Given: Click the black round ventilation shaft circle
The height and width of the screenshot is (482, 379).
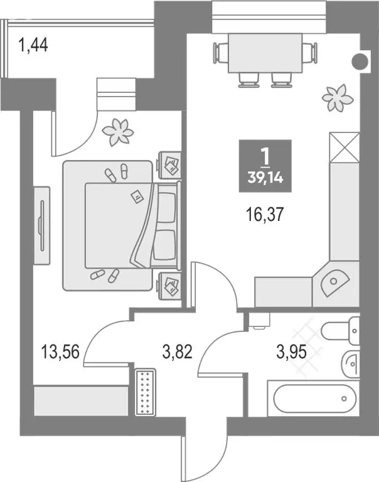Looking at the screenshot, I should point(360,62).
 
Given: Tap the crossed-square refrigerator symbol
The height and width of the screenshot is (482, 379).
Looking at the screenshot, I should point(343,147).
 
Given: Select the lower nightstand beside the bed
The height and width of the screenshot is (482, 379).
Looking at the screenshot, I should point(170,286).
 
